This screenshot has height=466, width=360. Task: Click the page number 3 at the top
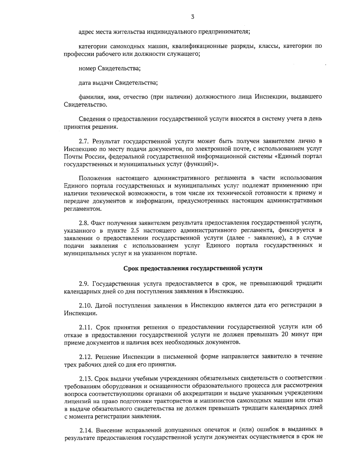click(192, 17)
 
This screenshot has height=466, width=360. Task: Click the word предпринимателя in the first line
click(223, 32)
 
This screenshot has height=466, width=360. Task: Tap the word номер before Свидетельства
click(87, 68)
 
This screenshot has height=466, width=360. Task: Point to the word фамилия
click(90, 97)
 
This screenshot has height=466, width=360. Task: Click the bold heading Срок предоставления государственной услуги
click(193, 268)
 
